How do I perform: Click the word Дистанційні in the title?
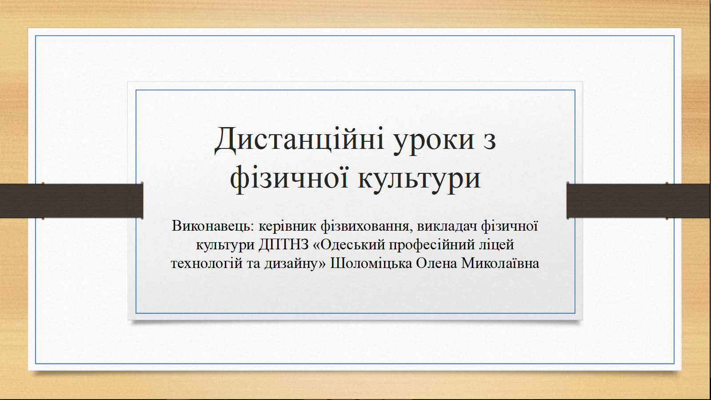tap(300, 140)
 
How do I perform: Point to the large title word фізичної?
tap(289, 178)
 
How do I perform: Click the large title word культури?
tap(419, 180)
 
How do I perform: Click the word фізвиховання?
tap(367, 226)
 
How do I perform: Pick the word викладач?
tap(447, 226)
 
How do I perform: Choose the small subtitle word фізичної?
tap(509, 226)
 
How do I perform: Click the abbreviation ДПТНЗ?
tap(284, 245)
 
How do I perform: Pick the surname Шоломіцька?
tap(371, 263)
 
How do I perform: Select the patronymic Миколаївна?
tap(500, 263)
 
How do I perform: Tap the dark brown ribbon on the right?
tap(639, 200)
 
